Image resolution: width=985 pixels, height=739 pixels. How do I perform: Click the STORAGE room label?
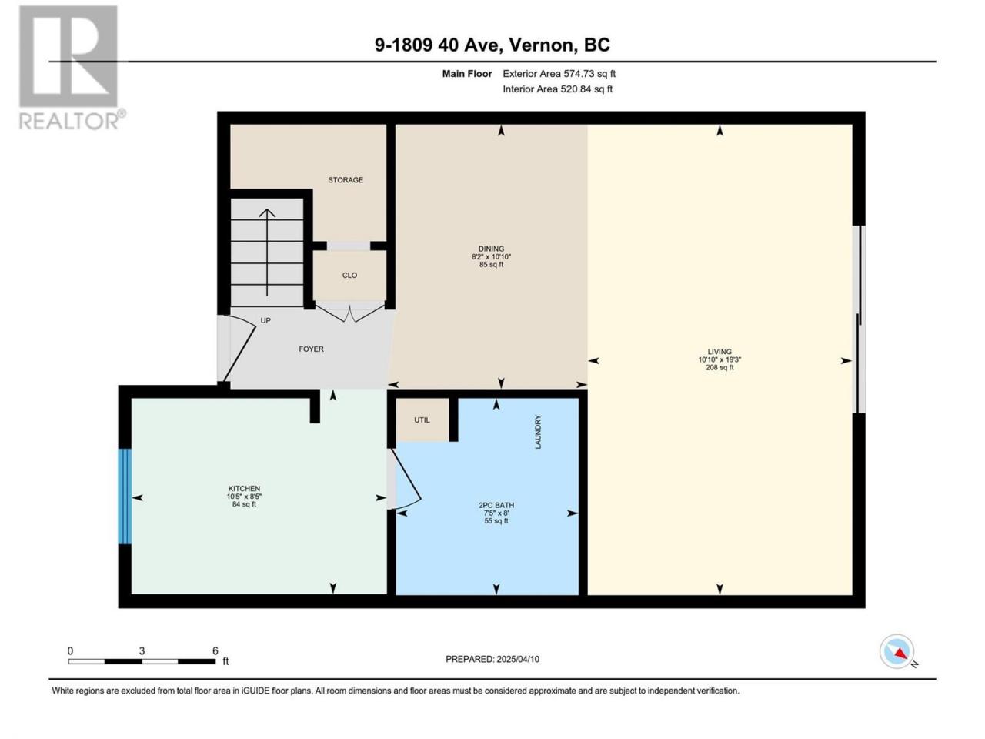click(x=345, y=179)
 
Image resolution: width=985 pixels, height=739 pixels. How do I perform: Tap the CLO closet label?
click(x=349, y=275)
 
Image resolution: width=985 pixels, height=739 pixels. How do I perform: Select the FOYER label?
click(x=311, y=349)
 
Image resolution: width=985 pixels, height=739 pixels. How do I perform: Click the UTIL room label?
click(x=422, y=420)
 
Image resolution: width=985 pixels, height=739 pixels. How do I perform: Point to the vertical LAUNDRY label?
click(x=538, y=432)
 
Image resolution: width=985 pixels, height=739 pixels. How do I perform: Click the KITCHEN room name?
click(x=244, y=488)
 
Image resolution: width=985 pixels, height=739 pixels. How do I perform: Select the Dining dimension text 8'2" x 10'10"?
click(x=491, y=256)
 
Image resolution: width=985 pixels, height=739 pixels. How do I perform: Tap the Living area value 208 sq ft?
click(x=720, y=367)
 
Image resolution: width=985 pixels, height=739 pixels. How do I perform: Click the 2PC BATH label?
click(x=496, y=505)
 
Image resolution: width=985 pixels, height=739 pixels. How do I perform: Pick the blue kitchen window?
click(x=125, y=497)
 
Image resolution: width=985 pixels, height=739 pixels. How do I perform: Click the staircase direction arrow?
click(x=267, y=252)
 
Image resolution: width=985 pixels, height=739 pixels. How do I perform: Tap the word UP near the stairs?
click(x=265, y=320)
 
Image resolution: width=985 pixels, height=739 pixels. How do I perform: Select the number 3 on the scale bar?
click(x=142, y=650)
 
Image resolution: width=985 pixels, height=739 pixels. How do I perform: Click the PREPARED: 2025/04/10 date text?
click(x=492, y=659)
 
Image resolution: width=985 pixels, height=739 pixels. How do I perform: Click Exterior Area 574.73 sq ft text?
click(x=559, y=74)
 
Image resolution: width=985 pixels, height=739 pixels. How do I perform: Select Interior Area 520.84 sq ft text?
click(x=557, y=89)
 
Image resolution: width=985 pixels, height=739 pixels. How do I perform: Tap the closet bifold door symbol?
click(x=349, y=313)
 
